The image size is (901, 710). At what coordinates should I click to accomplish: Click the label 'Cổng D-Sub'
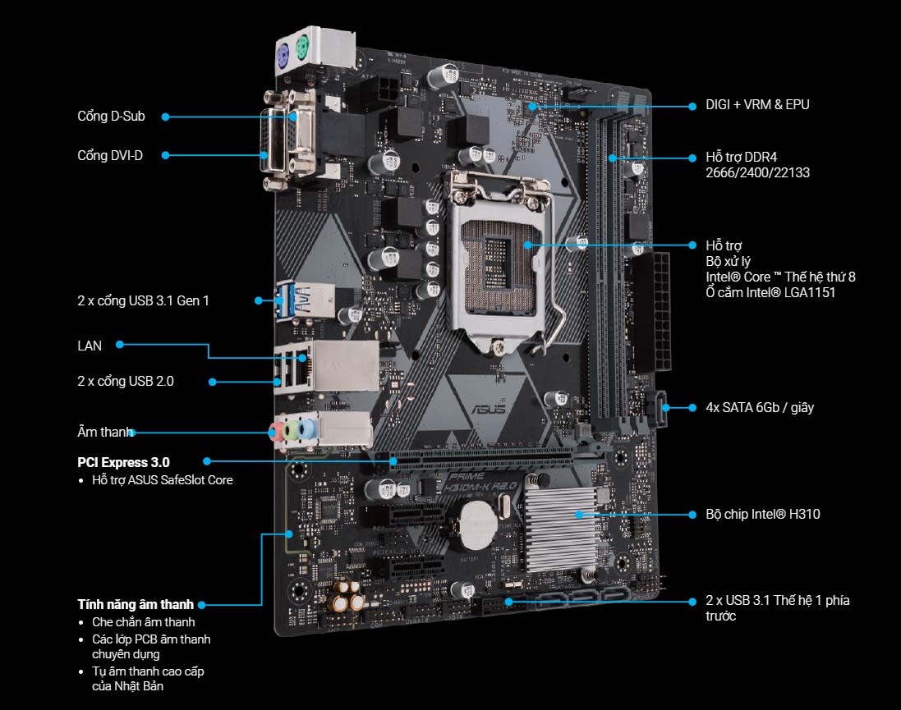coord(111,116)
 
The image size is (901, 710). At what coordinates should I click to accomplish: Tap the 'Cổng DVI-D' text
coord(110,155)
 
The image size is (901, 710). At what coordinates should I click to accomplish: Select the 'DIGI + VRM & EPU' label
coord(757,104)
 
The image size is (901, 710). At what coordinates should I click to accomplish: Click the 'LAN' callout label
coord(90,346)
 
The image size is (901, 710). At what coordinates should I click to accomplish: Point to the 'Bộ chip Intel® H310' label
coord(762,514)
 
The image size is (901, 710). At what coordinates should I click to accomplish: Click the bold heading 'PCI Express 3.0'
coord(123,462)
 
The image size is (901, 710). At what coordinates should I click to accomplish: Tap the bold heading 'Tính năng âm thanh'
coord(136,604)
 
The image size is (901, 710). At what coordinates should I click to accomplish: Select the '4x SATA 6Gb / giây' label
coord(760,407)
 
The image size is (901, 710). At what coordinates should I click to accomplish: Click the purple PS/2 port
coord(284,57)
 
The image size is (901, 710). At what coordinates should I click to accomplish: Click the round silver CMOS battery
coord(479,524)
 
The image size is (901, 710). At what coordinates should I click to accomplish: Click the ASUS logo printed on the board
coord(489,409)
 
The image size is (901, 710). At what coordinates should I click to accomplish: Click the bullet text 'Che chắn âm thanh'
coord(144,622)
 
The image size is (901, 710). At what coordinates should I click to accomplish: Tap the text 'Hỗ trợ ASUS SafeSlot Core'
coord(163,480)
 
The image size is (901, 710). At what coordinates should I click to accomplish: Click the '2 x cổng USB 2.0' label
coord(126,382)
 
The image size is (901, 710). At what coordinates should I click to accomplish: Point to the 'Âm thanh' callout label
coord(104,432)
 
